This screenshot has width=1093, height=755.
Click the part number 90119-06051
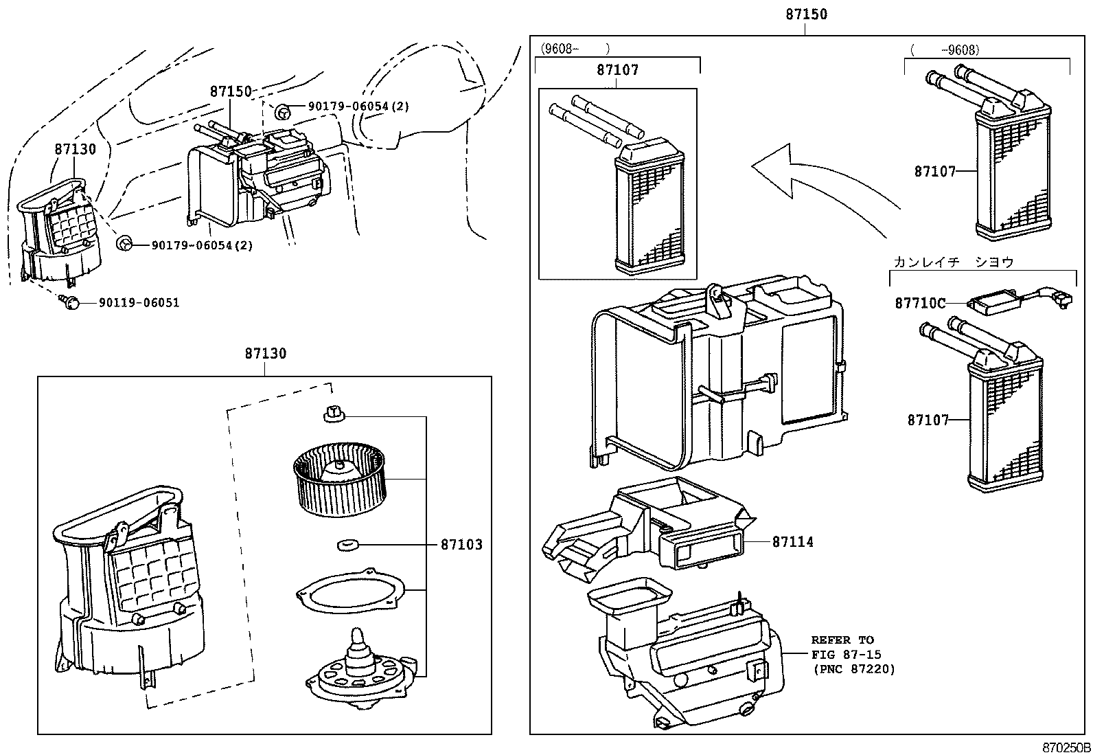click(139, 303)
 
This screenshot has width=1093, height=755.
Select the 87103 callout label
click(461, 545)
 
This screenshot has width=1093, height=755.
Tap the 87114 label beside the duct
click(792, 542)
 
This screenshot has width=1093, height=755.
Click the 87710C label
click(920, 303)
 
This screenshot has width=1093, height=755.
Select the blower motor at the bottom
click(359, 670)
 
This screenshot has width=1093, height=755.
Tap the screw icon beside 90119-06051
click(71, 302)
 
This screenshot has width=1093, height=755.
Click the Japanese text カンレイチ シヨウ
click(953, 262)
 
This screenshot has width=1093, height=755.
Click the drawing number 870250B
click(1064, 747)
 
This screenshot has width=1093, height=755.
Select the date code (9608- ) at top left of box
click(575, 49)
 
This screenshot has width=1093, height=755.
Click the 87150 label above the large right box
click(806, 14)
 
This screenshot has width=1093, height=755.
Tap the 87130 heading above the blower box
click(265, 353)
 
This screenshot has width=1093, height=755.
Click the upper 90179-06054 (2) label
click(358, 106)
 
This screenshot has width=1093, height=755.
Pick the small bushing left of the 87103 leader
click(349, 545)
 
